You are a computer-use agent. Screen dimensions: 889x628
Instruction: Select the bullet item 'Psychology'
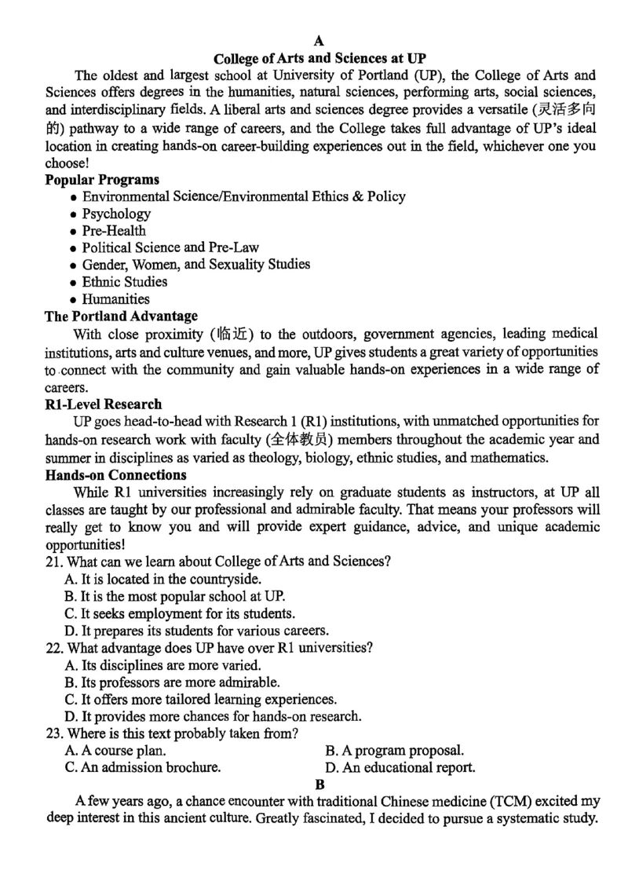coord(116,214)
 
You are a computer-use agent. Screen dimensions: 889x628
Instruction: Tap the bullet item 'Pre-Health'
coord(114,231)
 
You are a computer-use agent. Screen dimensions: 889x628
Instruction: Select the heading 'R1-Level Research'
coord(104,404)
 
